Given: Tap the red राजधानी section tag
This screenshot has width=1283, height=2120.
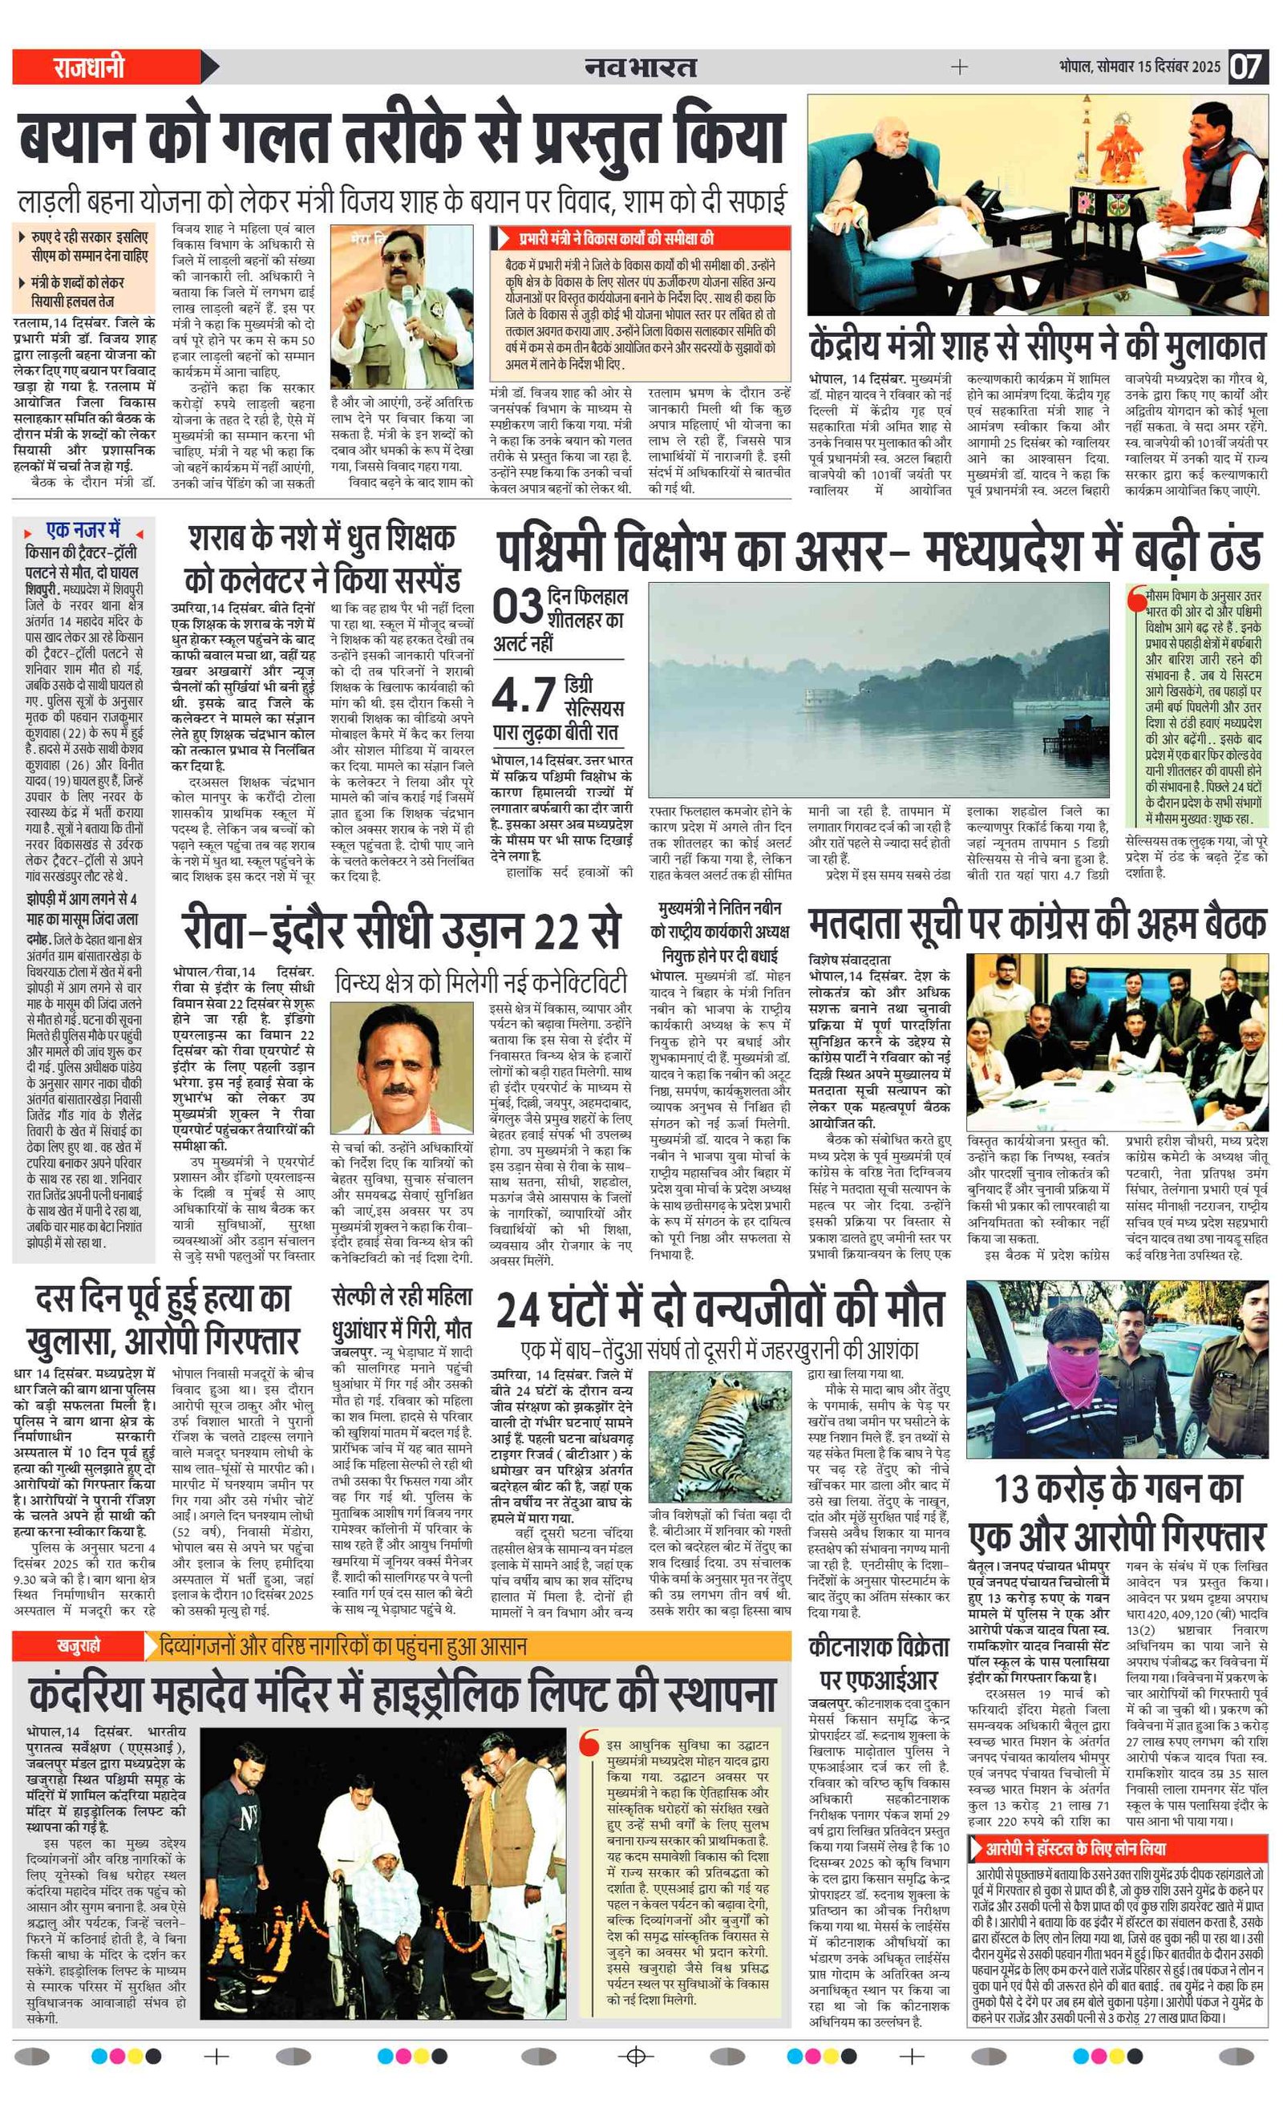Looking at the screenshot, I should tap(89, 67).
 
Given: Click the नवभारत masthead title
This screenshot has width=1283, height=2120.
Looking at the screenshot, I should tap(640, 67).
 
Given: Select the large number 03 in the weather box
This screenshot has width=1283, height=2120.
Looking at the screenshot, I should tap(517, 608).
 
